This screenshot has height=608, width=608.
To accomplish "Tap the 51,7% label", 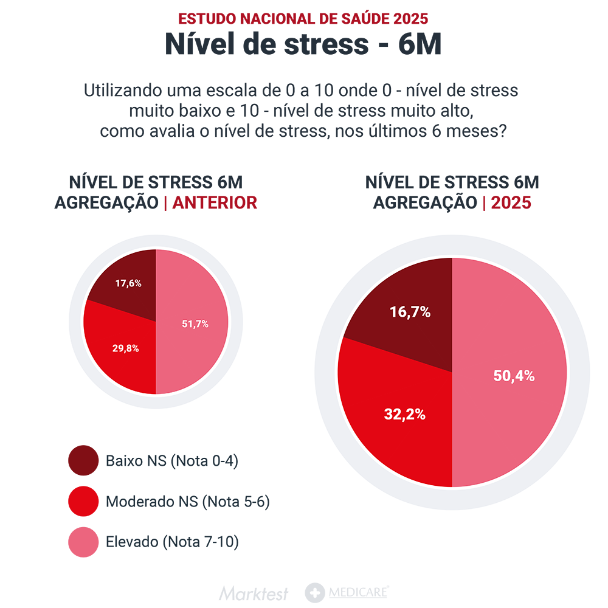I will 195,324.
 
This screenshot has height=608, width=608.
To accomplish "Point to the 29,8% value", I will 125,348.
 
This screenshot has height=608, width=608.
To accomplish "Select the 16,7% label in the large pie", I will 410,313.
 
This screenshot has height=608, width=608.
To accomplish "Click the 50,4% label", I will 514,376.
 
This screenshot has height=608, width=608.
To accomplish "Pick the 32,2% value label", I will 404,415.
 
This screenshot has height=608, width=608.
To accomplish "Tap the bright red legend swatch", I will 78,501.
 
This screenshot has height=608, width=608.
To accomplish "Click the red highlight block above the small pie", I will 222,207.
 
